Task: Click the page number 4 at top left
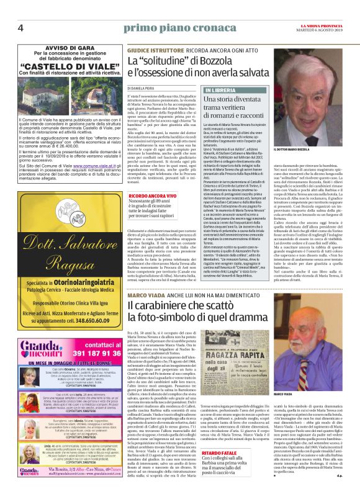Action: pos(20,28)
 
